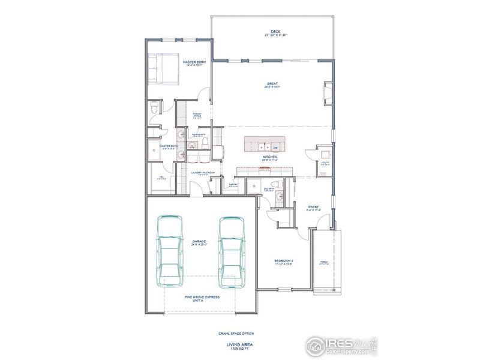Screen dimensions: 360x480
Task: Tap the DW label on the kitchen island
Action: (x=275, y=148)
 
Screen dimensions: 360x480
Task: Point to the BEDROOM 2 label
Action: (x=284, y=260)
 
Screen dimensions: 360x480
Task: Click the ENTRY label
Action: (x=313, y=206)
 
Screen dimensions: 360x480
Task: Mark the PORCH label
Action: (x=325, y=261)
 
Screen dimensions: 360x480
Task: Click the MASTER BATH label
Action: (x=167, y=145)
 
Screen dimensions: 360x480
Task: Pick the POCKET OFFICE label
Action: (x=197, y=115)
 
